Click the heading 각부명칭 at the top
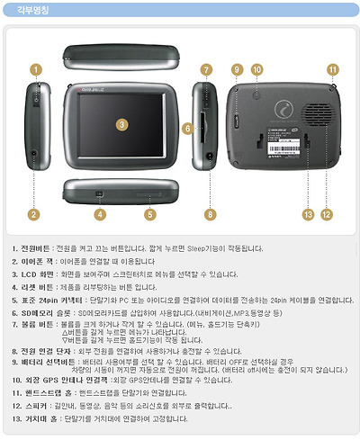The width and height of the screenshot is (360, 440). tap(35, 10)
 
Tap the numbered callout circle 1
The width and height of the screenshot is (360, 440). tap(34, 68)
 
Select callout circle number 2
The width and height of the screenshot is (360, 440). tap(34, 214)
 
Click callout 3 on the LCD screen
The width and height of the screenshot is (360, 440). tap(121, 122)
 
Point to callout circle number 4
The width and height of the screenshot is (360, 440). tap(100, 214)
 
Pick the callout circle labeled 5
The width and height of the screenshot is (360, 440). tap(149, 214)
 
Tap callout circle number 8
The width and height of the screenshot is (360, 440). tap(210, 214)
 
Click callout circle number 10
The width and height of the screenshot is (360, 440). tap(256, 69)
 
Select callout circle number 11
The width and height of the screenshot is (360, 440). tap(332, 69)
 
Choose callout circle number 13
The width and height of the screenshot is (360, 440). tap(308, 214)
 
